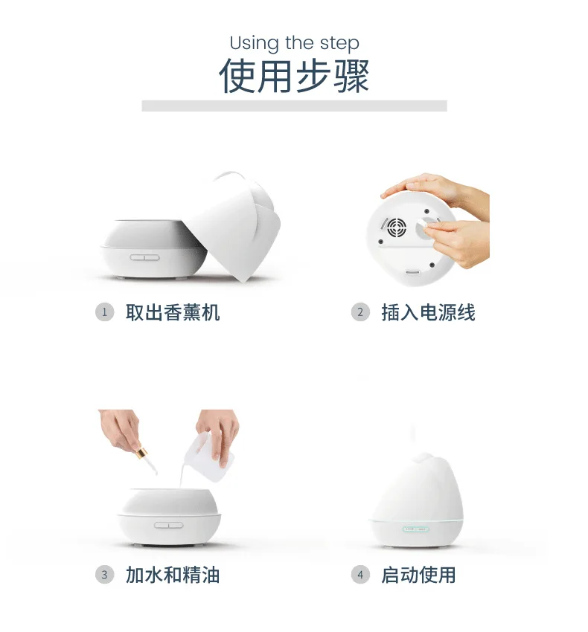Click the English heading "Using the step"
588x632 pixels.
point(294,43)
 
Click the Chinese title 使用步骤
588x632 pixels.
point(294,76)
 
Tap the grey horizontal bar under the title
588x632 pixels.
point(294,106)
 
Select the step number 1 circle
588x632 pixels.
point(104,312)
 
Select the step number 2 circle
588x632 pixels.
point(360,312)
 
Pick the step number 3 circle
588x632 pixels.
point(104,575)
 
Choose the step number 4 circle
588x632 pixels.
point(360,575)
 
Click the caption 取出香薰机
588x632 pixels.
point(173,312)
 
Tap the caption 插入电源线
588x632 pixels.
point(429,312)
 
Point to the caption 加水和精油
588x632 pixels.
point(173,575)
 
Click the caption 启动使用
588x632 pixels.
point(419,575)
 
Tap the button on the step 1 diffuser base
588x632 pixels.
point(144,257)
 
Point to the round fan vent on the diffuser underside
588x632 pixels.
point(396,228)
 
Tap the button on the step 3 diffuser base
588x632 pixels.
point(169,525)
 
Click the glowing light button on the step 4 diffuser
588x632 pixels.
point(416,529)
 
